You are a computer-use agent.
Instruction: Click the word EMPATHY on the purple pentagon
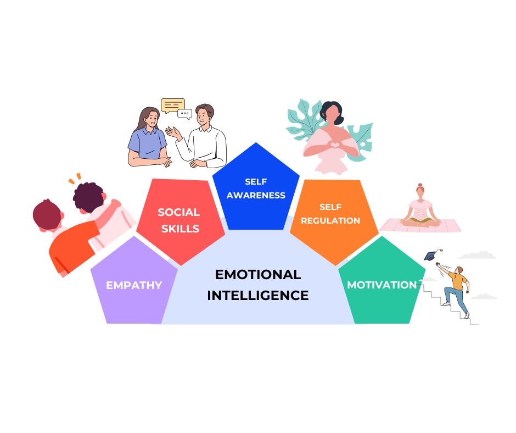pos(134,285)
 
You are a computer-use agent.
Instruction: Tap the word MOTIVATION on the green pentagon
pos(382,285)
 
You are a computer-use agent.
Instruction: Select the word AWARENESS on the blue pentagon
pos(256,195)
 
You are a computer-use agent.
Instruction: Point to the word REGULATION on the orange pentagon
pos(330,220)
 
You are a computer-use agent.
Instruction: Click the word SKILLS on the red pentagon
pos(181,229)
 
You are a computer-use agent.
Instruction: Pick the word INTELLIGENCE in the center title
pos(258,295)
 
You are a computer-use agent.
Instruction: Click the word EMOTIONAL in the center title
pos(258,274)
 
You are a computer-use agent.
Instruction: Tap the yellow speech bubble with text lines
pos(172,104)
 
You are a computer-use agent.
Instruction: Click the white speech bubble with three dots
pos(184,114)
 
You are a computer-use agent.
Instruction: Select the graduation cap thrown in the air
pos(430,256)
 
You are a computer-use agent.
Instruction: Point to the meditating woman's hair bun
pos(420,186)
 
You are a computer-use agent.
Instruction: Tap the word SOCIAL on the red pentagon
pos(179,212)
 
